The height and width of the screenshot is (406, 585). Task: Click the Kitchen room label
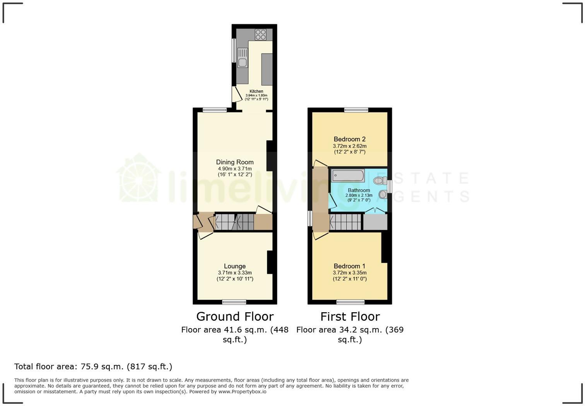[x=256, y=91]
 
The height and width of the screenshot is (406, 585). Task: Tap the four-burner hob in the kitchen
[x=260, y=34]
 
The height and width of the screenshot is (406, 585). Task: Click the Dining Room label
[x=235, y=162]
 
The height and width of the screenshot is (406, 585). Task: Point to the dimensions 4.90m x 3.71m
[x=235, y=169]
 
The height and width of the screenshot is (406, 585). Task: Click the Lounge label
[x=235, y=266]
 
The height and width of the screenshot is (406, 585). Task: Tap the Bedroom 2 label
[x=350, y=139]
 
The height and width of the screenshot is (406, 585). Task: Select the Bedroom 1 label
[x=350, y=266]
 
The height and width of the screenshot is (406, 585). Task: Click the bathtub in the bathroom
[x=348, y=175]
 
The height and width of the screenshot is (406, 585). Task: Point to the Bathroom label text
[x=359, y=190]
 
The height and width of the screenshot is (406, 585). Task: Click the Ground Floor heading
[x=235, y=317]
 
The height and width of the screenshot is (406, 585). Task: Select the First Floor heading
[x=350, y=317]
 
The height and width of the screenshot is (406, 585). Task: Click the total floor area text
[x=93, y=366]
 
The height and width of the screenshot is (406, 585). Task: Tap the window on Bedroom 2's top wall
[x=356, y=110]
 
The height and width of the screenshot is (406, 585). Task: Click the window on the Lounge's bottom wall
[x=234, y=302]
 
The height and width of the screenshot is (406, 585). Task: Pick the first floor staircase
[x=345, y=222]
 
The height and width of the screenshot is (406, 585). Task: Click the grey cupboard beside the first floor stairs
[x=375, y=222]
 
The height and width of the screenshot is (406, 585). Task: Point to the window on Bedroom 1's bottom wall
[x=350, y=302]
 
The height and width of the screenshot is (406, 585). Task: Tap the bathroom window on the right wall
[x=390, y=186]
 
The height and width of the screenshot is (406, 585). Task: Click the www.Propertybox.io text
[x=242, y=392]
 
